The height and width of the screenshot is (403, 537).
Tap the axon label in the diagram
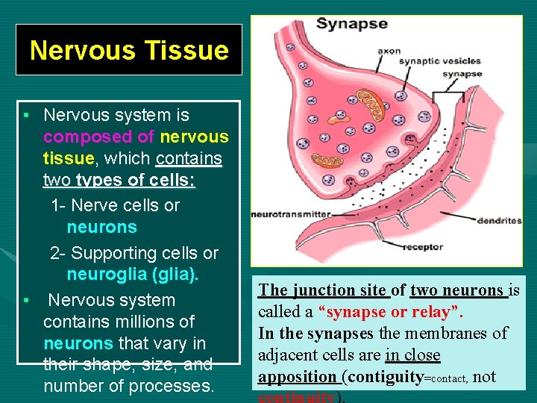click(x=389, y=51)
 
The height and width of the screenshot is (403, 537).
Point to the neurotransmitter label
click(x=290, y=214)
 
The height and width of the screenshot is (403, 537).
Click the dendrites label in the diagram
click(x=499, y=220)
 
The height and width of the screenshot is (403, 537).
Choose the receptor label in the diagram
click(x=423, y=247)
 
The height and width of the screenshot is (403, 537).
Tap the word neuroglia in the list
click(x=107, y=274)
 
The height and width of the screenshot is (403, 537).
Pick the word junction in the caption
click(x=321, y=290)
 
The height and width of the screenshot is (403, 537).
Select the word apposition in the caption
click(x=298, y=376)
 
